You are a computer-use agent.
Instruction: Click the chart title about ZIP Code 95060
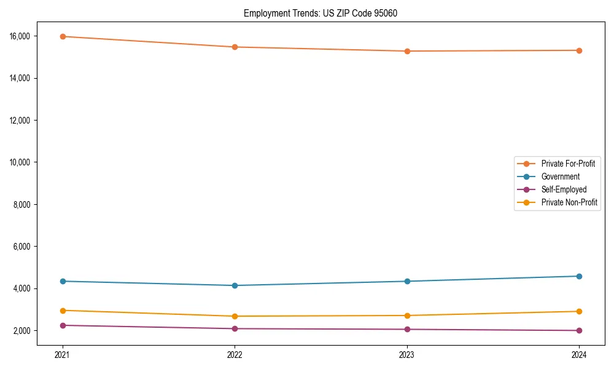click(320, 13)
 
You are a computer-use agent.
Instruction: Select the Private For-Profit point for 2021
click(62, 36)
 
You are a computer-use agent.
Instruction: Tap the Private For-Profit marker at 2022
click(235, 47)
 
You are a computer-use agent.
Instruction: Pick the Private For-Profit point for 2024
click(579, 50)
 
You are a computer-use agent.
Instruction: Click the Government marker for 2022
click(235, 285)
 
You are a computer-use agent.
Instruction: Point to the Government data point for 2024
click(579, 276)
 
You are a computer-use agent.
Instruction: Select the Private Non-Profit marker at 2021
click(62, 311)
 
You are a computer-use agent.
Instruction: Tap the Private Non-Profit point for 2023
click(407, 315)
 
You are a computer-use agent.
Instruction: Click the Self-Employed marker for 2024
click(579, 330)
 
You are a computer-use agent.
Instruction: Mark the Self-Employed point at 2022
click(235, 328)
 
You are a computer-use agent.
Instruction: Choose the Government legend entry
click(560, 177)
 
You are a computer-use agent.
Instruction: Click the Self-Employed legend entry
click(564, 189)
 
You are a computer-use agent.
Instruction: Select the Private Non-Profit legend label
click(569, 202)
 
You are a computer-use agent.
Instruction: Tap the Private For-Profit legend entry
click(568, 164)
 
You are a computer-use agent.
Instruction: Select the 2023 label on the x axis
click(407, 354)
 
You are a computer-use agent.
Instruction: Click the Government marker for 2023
click(407, 281)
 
